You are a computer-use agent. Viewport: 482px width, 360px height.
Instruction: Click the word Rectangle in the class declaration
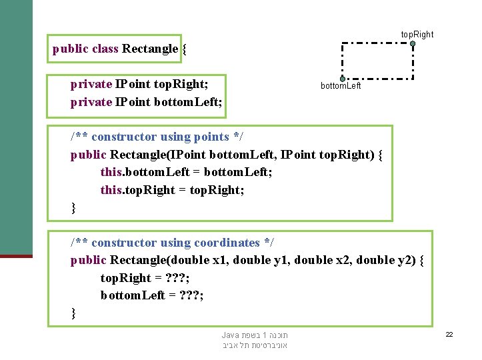point(150,49)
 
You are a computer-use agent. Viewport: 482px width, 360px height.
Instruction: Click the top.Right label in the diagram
point(417,34)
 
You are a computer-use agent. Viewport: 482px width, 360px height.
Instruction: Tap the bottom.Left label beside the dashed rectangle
point(341,86)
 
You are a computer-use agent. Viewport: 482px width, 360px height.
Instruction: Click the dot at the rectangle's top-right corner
point(413,44)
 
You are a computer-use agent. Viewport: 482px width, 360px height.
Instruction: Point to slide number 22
point(449,334)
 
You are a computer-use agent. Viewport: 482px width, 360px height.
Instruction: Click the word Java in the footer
point(231,335)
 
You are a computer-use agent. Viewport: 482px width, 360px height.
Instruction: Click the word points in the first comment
point(211,137)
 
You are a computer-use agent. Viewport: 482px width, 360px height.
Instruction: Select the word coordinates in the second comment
point(227,243)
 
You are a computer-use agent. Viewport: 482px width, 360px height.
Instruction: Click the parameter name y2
point(407,260)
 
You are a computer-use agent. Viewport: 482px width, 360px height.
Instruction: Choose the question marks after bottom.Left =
point(189,295)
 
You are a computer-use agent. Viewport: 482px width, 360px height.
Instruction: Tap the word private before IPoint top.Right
point(91,84)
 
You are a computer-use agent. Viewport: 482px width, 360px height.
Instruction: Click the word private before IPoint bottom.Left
point(91,102)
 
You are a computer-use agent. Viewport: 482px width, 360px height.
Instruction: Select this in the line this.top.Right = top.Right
point(111,190)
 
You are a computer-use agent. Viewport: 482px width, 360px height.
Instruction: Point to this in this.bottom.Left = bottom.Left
point(111,173)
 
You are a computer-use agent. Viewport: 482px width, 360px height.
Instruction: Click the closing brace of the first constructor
point(74,208)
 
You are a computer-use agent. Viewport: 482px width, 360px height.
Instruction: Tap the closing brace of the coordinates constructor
point(74,313)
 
